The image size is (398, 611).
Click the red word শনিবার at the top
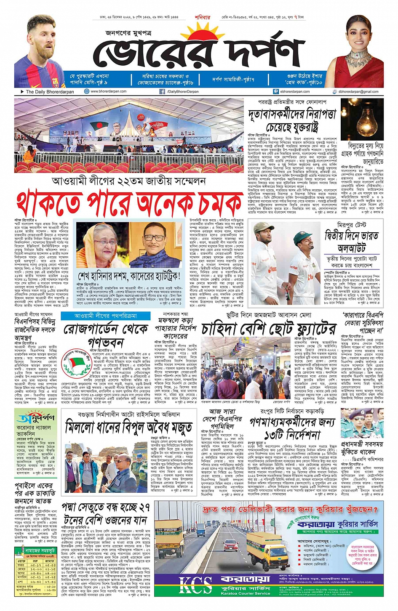[x=202, y=18]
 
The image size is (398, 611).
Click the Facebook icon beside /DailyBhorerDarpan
[x=162, y=91]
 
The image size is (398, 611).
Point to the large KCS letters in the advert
[x=196, y=585]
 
